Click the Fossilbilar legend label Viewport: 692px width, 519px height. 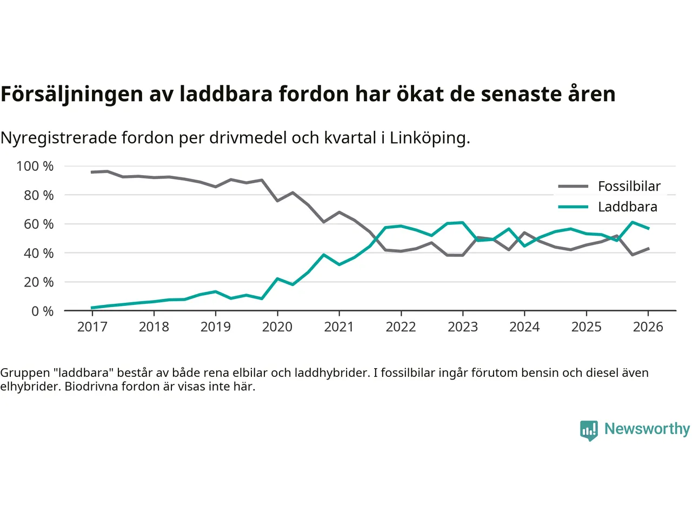pyautogui.click(x=629, y=187)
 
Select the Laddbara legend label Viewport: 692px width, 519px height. pyautogui.click(x=627, y=207)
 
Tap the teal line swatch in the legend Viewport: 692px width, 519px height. pyautogui.click(x=573, y=207)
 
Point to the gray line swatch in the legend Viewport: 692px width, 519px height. pyautogui.click(x=573, y=187)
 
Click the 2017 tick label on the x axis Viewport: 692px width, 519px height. pyautogui.click(x=92, y=327)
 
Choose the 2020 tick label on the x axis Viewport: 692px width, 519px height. pyautogui.click(x=277, y=327)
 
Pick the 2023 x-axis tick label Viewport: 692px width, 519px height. pyautogui.click(x=463, y=327)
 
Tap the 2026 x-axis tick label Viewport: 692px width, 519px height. pyautogui.click(x=648, y=327)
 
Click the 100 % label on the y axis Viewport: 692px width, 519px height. pyautogui.click(x=35, y=166)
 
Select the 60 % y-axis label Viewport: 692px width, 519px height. pyautogui.click(x=38, y=224)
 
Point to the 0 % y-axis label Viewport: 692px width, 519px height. pyautogui.click(x=42, y=311)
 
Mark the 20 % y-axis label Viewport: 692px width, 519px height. pyautogui.click(x=38, y=282)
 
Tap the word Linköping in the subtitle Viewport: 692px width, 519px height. pyautogui.click(x=430, y=138)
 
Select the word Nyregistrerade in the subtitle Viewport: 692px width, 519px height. pyautogui.click(x=58, y=138)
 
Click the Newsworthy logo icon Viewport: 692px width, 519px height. pyautogui.click(x=589, y=430)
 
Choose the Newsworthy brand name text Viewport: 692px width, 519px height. pyautogui.click(x=647, y=429)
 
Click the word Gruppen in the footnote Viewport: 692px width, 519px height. pyautogui.click(x=25, y=372)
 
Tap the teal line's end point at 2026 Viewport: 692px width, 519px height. pyautogui.click(x=648, y=228)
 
